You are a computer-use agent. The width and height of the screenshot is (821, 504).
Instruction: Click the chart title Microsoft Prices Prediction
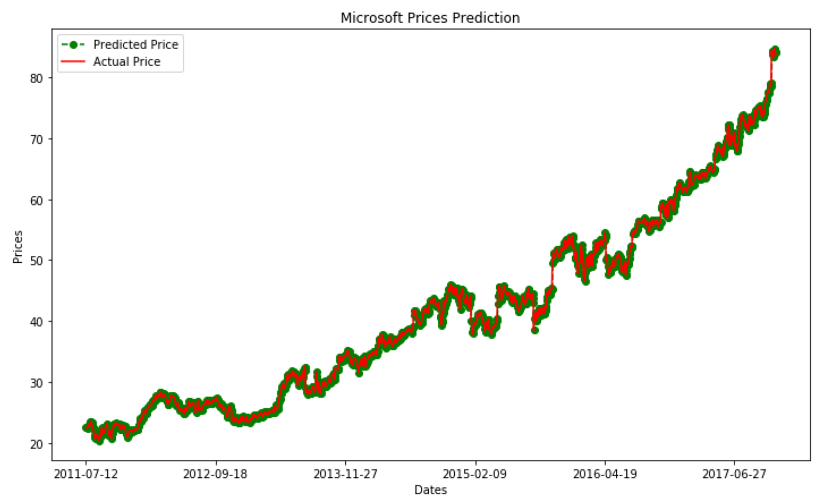pyautogui.click(x=430, y=17)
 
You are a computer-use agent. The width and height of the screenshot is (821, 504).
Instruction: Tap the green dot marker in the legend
pyautogui.click(x=73, y=45)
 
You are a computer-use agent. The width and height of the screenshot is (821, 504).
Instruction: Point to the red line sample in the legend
pyautogui.click(x=73, y=62)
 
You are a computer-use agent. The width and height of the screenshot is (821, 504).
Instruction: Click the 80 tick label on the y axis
pyautogui.click(x=36, y=78)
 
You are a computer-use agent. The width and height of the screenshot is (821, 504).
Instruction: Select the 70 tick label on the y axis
pyautogui.click(x=36, y=139)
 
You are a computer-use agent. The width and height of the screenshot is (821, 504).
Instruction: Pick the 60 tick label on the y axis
pyautogui.click(x=36, y=200)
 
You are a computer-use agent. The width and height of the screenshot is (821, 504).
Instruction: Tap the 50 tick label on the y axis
pyautogui.click(x=36, y=261)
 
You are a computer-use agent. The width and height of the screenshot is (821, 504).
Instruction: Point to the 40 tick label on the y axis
pyautogui.click(x=36, y=321)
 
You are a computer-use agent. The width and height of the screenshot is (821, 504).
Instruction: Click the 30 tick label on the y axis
pyautogui.click(x=36, y=383)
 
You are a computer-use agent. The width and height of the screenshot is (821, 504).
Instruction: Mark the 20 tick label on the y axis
pyautogui.click(x=36, y=444)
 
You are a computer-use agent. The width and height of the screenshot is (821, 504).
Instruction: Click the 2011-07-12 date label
pyautogui.click(x=86, y=474)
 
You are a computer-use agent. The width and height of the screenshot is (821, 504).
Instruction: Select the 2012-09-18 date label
pyautogui.click(x=216, y=474)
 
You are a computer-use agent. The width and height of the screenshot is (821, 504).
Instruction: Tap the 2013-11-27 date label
pyautogui.click(x=345, y=474)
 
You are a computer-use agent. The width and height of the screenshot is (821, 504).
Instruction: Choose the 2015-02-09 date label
pyautogui.click(x=475, y=474)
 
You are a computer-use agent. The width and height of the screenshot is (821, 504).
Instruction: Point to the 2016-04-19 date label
pyautogui.click(x=605, y=474)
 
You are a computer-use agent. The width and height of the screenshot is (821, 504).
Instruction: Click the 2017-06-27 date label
pyautogui.click(x=734, y=474)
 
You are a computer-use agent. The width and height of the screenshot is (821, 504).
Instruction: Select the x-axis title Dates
pyautogui.click(x=431, y=490)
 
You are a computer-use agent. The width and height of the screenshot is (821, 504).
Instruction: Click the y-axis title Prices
pyautogui.click(x=17, y=247)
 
